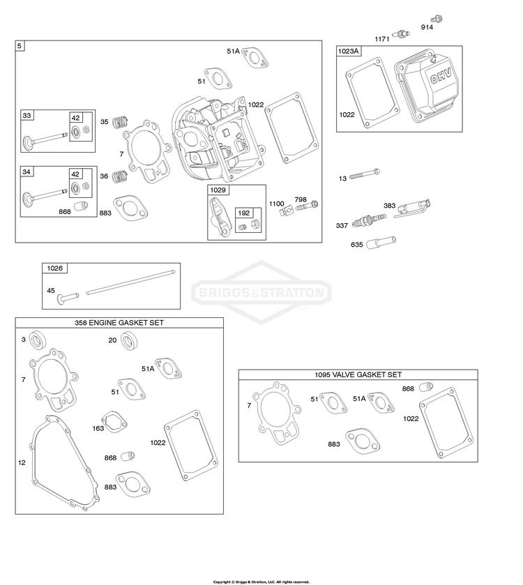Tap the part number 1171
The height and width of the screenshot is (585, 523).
point(382,39)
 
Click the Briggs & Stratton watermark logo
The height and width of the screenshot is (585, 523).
point(261,292)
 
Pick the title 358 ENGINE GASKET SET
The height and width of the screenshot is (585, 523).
point(119,323)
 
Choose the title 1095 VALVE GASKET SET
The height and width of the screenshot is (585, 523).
point(358,374)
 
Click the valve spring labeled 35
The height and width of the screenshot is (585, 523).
point(121,121)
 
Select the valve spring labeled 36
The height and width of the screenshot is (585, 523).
point(121,176)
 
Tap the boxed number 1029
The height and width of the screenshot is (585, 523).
point(218,190)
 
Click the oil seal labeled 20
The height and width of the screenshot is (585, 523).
point(129,341)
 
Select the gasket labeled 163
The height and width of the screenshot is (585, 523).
point(114,422)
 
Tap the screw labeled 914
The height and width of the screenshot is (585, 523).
point(437,19)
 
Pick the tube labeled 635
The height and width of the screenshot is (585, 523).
point(381,243)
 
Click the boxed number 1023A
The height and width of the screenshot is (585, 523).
point(349,51)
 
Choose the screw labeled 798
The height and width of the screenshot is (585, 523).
point(307,206)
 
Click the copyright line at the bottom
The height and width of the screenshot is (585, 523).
point(261,582)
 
